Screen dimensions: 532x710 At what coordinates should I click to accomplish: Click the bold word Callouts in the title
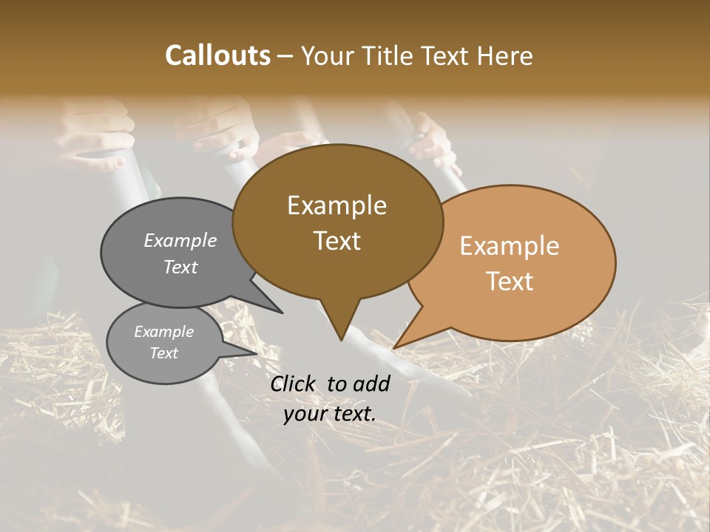[217, 55]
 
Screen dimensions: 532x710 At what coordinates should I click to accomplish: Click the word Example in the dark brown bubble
[337, 205]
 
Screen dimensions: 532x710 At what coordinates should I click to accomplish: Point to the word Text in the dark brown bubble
[337, 241]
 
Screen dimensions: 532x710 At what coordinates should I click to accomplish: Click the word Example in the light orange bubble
[510, 246]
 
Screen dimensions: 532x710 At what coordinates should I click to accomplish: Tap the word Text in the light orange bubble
[510, 282]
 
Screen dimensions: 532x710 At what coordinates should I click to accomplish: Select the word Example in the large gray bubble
[180, 240]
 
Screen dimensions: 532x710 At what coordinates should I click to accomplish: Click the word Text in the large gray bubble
[180, 267]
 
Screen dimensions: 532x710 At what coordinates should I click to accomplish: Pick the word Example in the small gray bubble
[164, 332]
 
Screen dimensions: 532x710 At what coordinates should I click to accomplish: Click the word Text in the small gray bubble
[164, 353]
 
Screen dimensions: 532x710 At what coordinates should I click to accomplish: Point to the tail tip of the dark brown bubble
[341, 339]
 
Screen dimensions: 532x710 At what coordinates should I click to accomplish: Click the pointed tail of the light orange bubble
[396, 347]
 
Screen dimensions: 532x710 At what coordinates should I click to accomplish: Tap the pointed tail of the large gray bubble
[280, 312]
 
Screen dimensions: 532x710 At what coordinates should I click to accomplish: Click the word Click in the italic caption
[294, 383]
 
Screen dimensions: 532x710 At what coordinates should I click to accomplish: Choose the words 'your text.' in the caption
[330, 414]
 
